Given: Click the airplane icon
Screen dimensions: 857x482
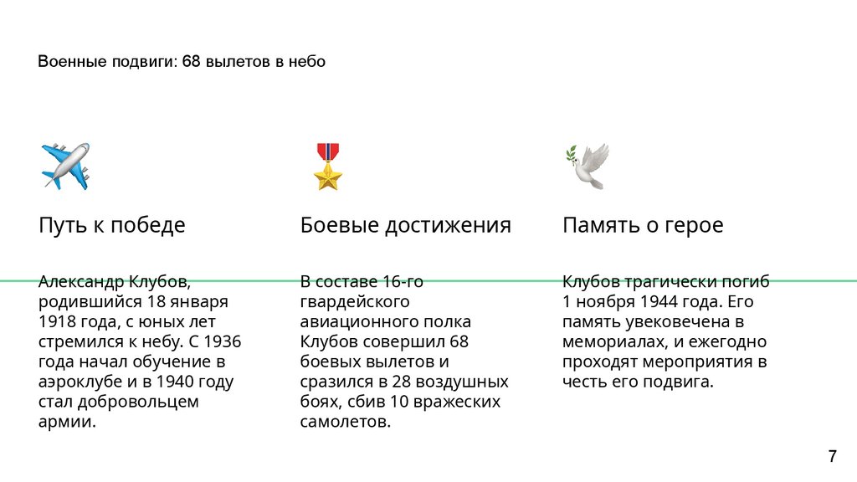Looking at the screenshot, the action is click(x=65, y=165).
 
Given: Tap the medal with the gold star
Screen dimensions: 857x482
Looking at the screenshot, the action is click(x=328, y=166).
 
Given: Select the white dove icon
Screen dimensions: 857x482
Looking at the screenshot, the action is click(x=588, y=166).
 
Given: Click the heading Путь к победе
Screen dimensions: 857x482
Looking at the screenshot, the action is click(x=112, y=225).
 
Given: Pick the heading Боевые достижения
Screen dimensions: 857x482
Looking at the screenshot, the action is click(x=405, y=225).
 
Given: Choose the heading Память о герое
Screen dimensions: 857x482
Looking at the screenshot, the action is click(x=643, y=225).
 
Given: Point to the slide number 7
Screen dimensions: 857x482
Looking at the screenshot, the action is click(x=832, y=457).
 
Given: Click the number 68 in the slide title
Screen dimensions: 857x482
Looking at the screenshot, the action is click(x=192, y=62).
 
